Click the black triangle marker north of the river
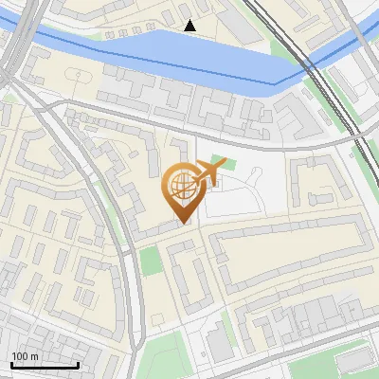click(190, 26)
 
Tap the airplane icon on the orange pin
click(208, 173)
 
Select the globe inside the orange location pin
click(180, 188)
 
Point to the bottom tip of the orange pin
click(181, 223)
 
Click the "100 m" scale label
click(25, 355)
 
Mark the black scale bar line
click(44, 365)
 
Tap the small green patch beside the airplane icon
click(221, 161)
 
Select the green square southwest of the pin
click(151, 261)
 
